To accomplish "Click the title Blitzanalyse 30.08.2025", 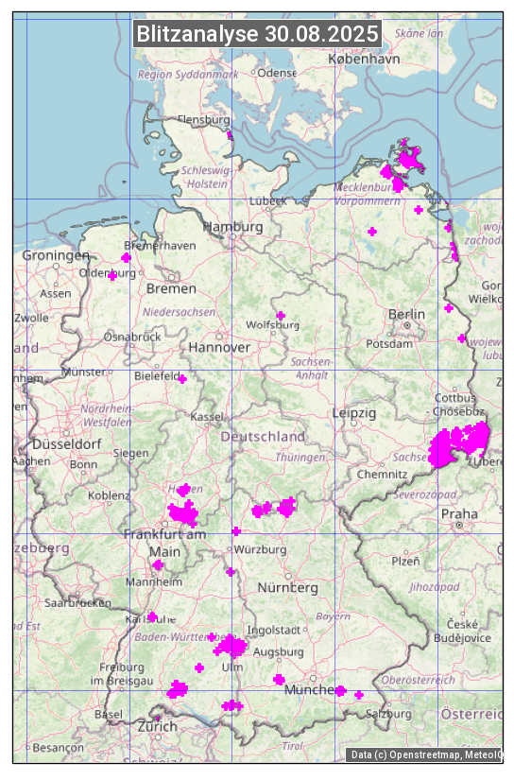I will click(x=257, y=34).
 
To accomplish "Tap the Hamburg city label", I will click(x=232, y=228).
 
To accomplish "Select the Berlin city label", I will click(x=406, y=315).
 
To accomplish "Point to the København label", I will click(x=364, y=59).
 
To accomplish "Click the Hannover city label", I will click(x=219, y=348).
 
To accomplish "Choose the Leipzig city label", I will click(x=354, y=413).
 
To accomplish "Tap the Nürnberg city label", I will click(x=287, y=587).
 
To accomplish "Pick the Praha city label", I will click(x=459, y=513).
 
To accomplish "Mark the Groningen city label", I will click(x=56, y=255).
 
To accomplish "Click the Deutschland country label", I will click(x=263, y=437).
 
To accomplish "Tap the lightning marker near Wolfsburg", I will click(x=280, y=316).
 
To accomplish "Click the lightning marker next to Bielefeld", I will click(x=183, y=380).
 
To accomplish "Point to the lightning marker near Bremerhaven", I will click(x=127, y=257).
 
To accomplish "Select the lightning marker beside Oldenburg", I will click(x=112, y=275).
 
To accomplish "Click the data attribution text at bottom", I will click(x=425, y=754).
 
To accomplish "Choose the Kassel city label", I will click(x=206, y=417).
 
